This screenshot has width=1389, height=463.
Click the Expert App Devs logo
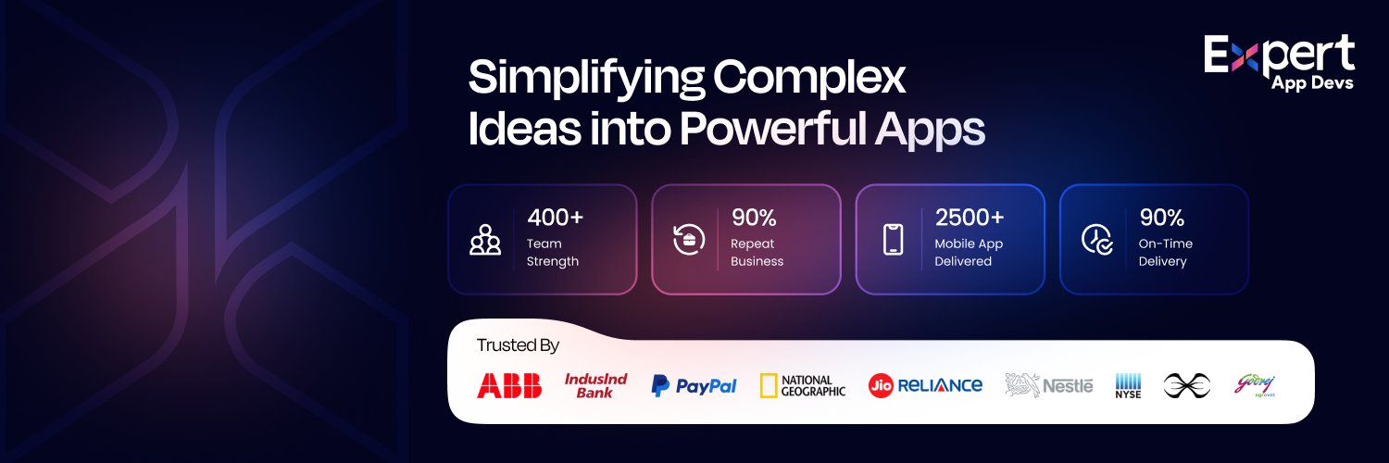click(1279, 63)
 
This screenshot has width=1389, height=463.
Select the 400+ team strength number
click(556, 218)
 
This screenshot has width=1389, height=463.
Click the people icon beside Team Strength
click(484, 240)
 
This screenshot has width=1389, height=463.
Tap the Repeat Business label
click(757, 252)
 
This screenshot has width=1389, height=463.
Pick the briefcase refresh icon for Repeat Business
click(689, 239)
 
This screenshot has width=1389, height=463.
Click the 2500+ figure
click(970, 218)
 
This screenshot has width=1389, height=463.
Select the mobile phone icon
click(893, 239)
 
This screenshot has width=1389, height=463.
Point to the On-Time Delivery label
click(1165, 252)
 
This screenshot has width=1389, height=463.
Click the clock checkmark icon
click(1097, 239)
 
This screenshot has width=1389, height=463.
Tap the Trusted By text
click(518, 345)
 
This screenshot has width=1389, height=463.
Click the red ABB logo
click(509, 385)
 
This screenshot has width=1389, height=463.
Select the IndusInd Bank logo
click(596, 385)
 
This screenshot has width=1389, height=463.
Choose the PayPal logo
click(694, 385)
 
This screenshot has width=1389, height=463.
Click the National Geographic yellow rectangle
click(769, 385)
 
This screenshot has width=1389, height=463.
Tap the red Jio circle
click(881, 385)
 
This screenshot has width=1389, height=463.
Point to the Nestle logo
click(1049, 385)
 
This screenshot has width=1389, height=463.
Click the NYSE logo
click(1128, 385)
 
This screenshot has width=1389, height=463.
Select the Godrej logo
click(1256, 384)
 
